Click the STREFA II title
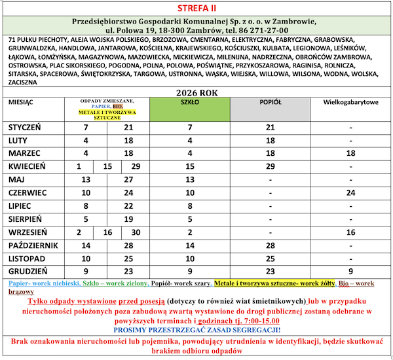[196, 8]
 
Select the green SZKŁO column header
[190, 103]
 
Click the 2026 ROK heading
[196, 93]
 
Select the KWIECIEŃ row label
[27, 167]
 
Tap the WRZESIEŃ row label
[28, 232]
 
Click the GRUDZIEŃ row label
[27, 272]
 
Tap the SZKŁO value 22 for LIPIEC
[190, 206]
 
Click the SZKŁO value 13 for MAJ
[190, 180]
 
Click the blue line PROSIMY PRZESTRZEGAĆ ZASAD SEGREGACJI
[196, 331]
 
